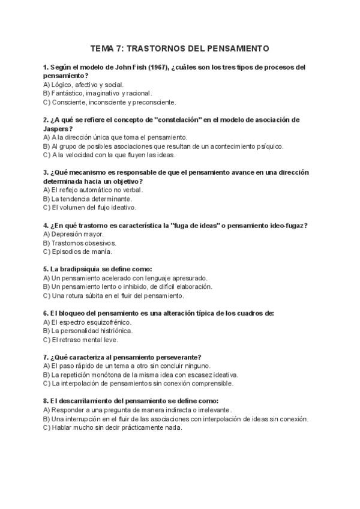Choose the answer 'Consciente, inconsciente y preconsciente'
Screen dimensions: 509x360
point(109,102)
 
